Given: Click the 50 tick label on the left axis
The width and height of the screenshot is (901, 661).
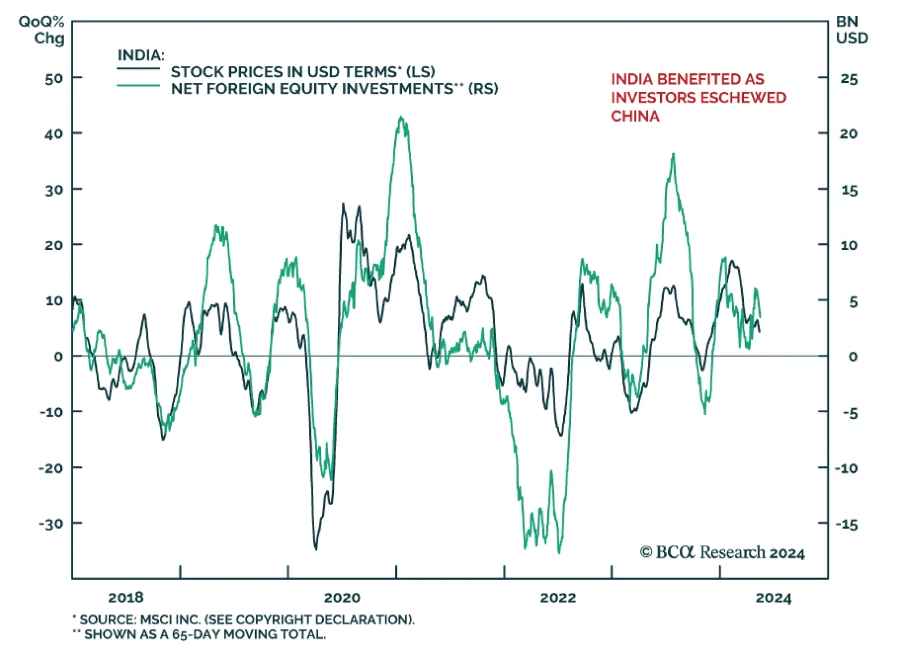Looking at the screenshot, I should click(x=54, y=78).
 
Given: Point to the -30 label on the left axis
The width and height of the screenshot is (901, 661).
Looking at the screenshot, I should click(x=51, y=524).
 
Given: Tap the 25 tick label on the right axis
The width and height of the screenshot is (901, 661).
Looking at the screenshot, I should click(x=849, y=79).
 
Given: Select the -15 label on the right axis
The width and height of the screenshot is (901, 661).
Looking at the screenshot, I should click(x=846, y=524).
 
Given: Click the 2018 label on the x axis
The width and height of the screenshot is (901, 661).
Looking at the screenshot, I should click(x=126, y=597).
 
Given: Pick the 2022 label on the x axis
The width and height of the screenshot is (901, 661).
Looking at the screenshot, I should click(x=557, y=597).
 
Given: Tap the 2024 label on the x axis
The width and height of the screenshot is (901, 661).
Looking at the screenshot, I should click(x=773, y=597).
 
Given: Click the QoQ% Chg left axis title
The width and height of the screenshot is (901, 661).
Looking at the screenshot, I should click(x=42, y=30).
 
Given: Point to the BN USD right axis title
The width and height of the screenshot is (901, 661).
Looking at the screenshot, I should click(x=851, y=30).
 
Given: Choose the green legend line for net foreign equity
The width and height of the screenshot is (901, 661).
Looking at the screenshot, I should click(x=139, y=86).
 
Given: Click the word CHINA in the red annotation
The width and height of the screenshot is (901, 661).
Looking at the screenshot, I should click(x=635, y=116).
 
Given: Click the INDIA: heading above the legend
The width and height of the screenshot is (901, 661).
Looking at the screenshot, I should click(x=141, y=55).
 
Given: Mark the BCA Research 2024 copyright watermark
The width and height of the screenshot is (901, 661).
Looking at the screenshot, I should click(x=722, y=552).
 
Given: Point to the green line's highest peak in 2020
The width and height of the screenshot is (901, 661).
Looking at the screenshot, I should click(x=402, y=118).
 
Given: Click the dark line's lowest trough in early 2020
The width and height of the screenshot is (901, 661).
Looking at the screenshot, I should click(x=315, y=548).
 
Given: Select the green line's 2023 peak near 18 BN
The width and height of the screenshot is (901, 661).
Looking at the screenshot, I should click(x=673, y=154).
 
